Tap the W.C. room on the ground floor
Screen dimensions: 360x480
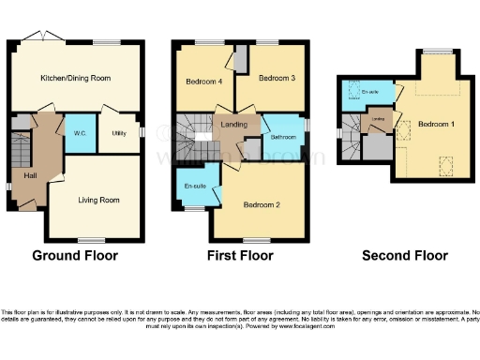coord(80,134)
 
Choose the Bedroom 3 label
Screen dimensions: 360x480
coord(277,78)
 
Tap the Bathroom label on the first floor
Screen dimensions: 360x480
coord(283,138)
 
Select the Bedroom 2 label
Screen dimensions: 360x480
coord(263,204)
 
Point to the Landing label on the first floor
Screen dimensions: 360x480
coord(233,124)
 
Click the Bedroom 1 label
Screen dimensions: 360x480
coord(437,123)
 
